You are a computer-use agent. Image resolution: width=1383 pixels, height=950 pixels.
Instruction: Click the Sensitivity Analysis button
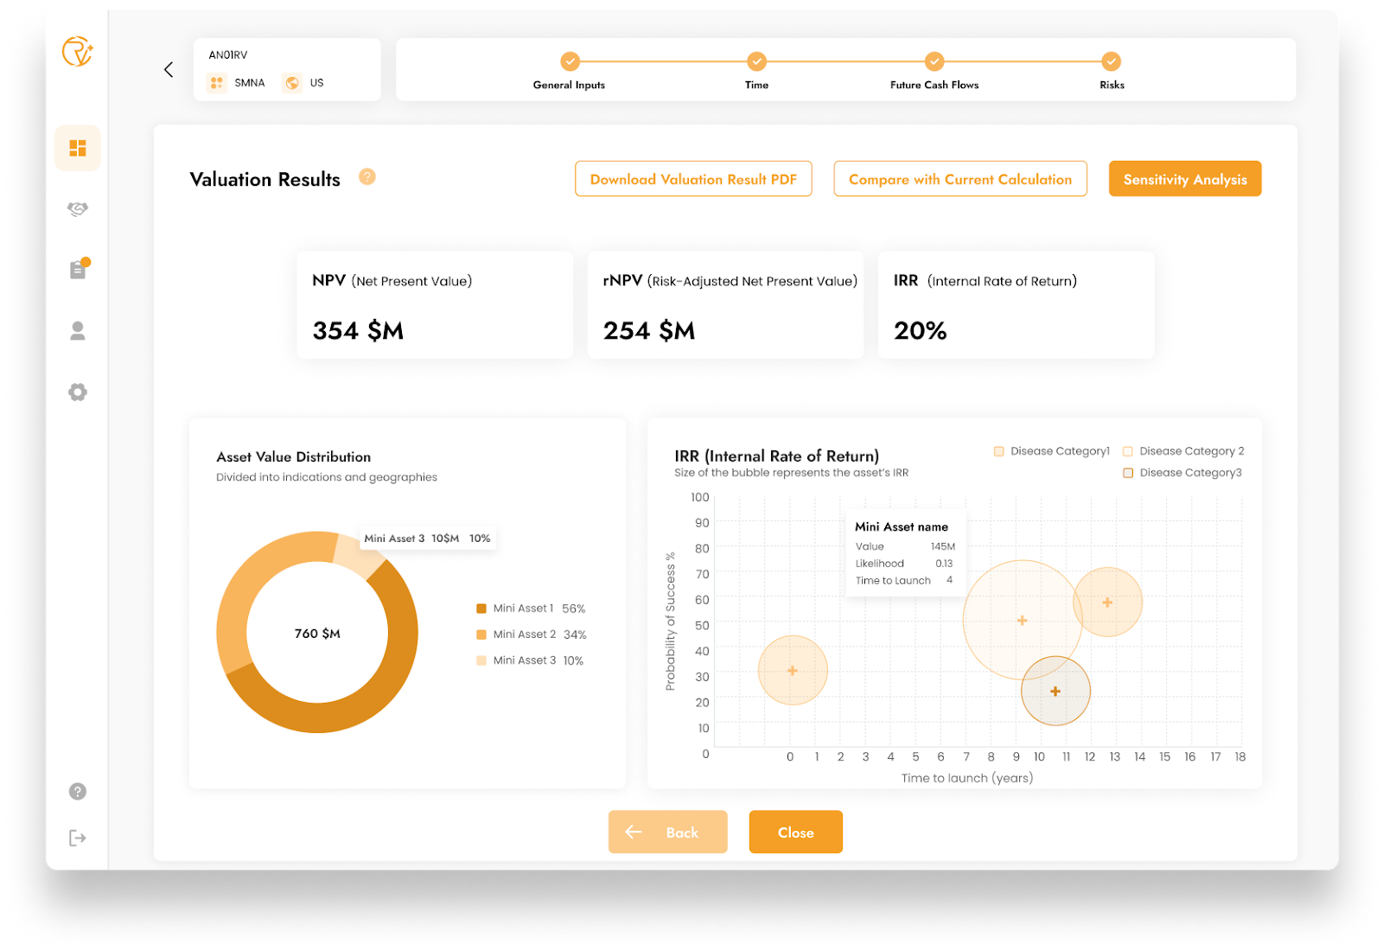pyautogui.click(x=1184, y=179)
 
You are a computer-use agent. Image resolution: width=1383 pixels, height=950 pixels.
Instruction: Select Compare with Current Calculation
pyautogui.click(x=960, y=179)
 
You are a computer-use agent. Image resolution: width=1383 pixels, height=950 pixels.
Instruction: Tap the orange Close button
pyautogui.click(x=795, y=832)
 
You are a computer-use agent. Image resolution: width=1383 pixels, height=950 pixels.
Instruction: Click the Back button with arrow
pyautogui.click(x=667, y=832)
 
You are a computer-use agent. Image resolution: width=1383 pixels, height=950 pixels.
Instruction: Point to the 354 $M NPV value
pyautogui.click(x=358, y=330)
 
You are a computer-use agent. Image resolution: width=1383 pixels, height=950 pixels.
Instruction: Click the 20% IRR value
pyautogui.click(x=920, y=330)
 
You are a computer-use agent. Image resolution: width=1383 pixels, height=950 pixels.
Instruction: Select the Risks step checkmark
pyautogui.click(x=1111, y=61)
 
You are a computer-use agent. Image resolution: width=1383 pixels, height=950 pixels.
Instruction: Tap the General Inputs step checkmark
pyautogui.click(x=570, y=61)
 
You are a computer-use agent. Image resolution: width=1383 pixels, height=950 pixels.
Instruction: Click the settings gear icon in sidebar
pyautogui.click(x=78, y=392)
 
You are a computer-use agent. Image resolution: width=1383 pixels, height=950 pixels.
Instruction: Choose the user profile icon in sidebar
pyautogui.click(x=78, y=331)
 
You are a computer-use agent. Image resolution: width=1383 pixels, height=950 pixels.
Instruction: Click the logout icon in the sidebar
pyautogui.click(x=78, y=838)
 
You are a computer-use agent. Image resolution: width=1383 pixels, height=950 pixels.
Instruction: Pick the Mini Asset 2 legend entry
pyautogui.click(x=531, y=634)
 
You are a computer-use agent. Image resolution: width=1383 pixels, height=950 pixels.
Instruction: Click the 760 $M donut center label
pyautogui.click(x=317, y=634)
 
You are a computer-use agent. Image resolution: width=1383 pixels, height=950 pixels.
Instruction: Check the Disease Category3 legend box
pyautogui.click(x=1128, y=473)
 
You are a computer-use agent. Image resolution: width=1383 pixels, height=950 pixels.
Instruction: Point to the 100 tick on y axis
pyautogui.click(x=700, y=497)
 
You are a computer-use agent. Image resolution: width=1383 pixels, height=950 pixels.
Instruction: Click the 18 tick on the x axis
pyautogui.click(x=1240, y=756)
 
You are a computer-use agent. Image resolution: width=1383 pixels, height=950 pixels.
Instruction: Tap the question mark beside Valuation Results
pyautogui.click(x=367, y=177)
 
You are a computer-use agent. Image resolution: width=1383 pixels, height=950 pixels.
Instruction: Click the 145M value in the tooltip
pyautogui.click(x=943, y=546)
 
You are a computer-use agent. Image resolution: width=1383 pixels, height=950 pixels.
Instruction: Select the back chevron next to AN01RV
pyautogui.click(x=169, y=69)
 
